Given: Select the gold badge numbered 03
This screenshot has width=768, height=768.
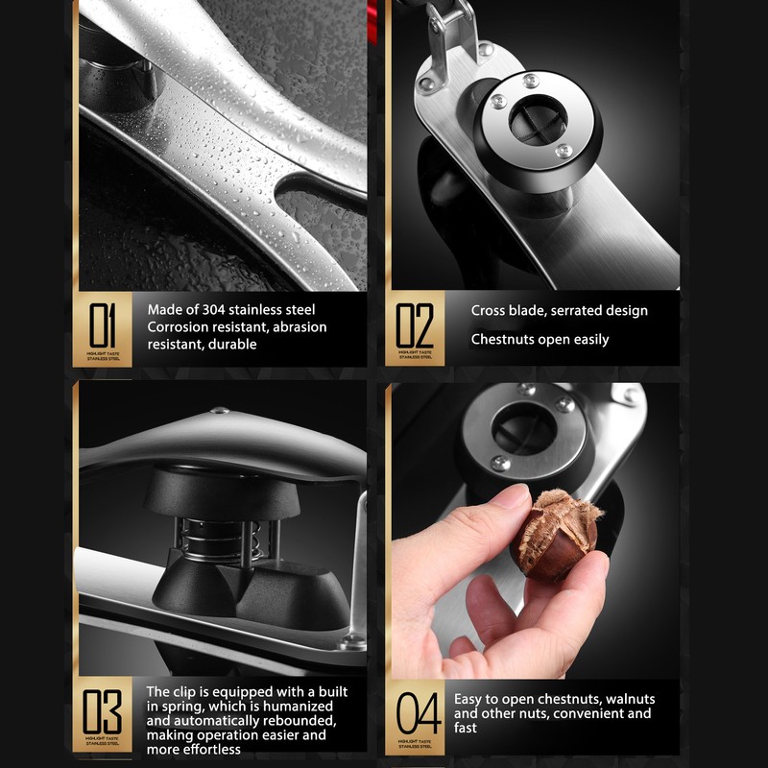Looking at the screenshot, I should (x=103, y=715).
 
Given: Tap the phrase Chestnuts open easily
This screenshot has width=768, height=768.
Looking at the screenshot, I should (x=540, y=340).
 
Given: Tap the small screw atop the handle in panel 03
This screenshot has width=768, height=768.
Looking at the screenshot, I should (x=222, y=411).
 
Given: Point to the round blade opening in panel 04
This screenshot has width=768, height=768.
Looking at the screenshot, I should (x=524, y=426).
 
